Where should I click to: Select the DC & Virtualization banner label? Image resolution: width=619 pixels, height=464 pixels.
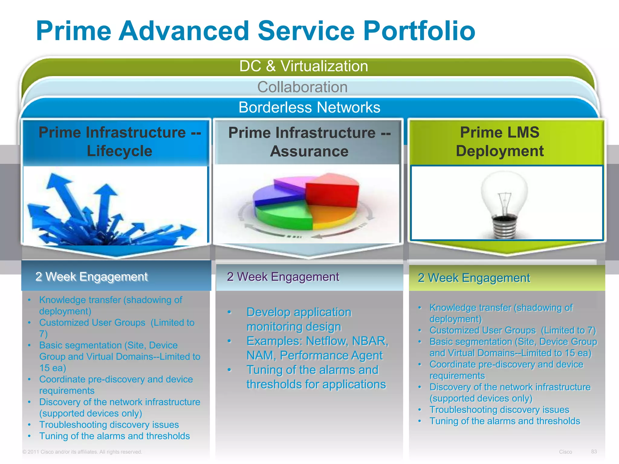(x=303, y=66)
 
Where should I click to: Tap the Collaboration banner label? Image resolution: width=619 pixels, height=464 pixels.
(x=302, y=87)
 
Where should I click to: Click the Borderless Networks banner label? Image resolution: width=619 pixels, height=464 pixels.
(x=309, y=107)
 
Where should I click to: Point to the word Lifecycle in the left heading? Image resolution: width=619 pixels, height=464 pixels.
(x=119, y=151)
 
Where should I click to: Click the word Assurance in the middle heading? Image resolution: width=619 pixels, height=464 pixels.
(x=309, y=151)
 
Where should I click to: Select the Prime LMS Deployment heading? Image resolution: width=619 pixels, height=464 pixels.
(x=500, y=141)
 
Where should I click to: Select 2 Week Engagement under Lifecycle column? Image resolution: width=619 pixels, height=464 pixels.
(x=91, y=276)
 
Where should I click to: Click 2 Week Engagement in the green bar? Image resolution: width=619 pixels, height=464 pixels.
(x=474, y=278)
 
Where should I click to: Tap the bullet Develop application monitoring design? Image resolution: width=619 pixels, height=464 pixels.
(x=299, y=319)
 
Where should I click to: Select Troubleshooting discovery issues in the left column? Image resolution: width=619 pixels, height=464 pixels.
(x=109, y=424)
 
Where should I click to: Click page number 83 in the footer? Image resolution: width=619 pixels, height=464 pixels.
(x=594, y=451)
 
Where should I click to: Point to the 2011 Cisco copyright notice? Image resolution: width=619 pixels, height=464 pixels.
(x=82, y=452)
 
